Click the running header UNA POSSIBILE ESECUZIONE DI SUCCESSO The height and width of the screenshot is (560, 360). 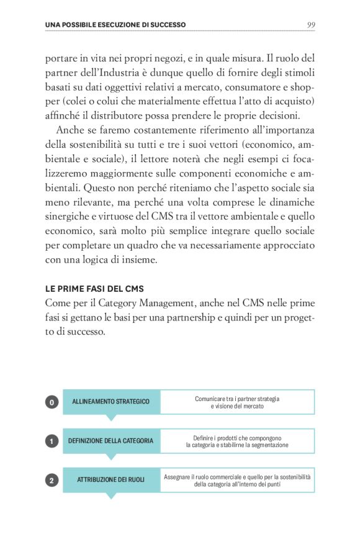click(x=115, y=25)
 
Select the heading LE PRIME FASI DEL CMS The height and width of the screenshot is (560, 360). click(x=94, y=289)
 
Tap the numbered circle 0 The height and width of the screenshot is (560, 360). click(x=52, y=402)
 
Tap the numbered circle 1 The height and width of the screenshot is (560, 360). click(x=52, y=441)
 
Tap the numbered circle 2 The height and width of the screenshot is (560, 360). click(x=52, y=480)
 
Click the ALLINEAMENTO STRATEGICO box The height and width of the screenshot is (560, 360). click(x=111, y=402)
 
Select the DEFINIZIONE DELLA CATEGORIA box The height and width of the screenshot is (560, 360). click(x=111, y=441)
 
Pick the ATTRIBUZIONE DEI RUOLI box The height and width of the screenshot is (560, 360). click(x=111, y=480)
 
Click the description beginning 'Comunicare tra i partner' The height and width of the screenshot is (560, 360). click(x=237, y=402)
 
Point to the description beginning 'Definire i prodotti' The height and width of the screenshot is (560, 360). click(x=237, y=441)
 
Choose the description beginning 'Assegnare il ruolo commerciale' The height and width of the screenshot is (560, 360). click(x=237, y=480)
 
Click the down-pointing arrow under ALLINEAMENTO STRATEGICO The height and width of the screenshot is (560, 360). click(x=111, y=417)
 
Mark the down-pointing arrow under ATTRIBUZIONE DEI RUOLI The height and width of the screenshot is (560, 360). click(x=111, y=495)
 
